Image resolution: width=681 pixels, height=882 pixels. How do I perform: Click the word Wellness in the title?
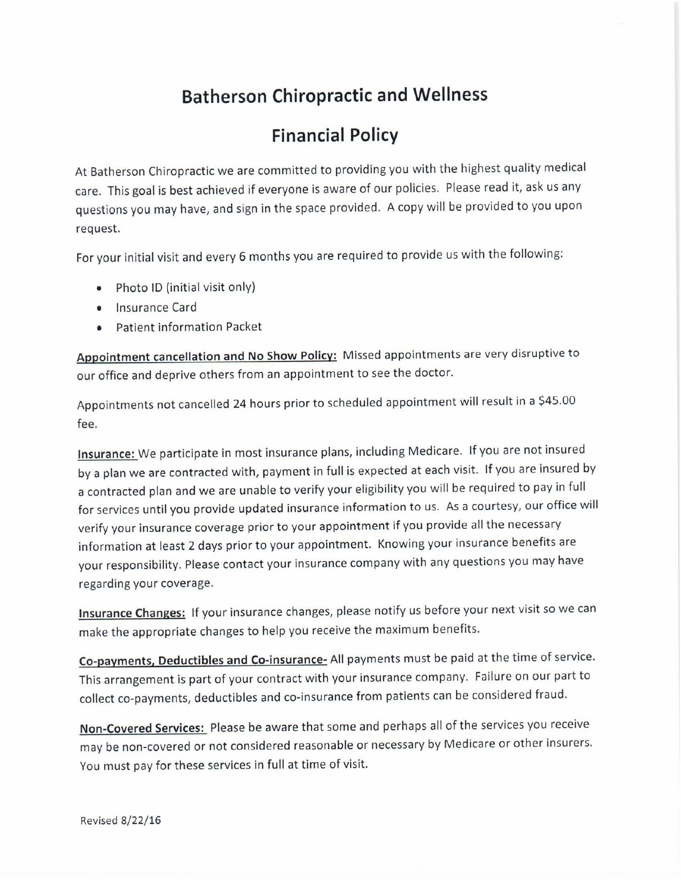tap(450, 95)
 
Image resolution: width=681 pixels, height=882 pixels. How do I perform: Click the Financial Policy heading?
tap(335, 136)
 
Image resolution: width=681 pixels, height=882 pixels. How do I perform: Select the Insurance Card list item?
tap(156, 308)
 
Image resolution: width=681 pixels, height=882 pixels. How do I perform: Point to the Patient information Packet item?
tap(189, 328)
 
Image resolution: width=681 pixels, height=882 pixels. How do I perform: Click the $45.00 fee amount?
tap(557, 401)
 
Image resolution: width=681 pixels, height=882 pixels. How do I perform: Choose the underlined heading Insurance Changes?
tap(132, 613)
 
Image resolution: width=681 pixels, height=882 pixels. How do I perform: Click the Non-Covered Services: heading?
tap(143, 729)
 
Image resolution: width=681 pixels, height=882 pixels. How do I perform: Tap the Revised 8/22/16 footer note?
tap(121, 820)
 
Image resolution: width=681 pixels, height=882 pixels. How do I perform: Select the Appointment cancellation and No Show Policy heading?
tap(207, 357)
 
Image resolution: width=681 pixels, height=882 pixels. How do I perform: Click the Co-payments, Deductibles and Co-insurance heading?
tap(203, 661)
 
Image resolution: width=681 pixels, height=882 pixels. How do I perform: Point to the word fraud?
tap(551, 695)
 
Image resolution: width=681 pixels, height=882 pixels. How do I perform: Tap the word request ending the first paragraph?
tap(97, 229)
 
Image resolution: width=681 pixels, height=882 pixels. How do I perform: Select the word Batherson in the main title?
tap(224, 97)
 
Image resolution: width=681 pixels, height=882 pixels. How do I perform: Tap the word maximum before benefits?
tap(403, 630)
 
